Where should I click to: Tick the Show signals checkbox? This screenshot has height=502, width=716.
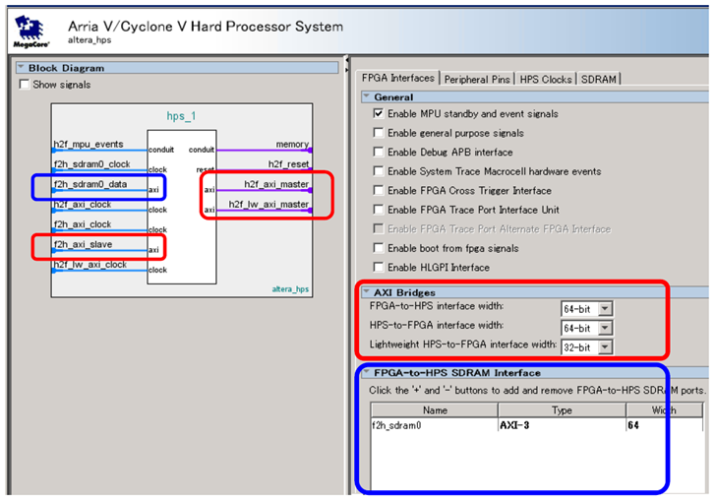pyautogui.click(x=26, y=85)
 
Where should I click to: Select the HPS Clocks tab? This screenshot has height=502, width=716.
pyautogui.click(x=546, y=79)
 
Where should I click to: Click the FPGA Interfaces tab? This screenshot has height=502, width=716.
pyautogui.click(x=398, y=78)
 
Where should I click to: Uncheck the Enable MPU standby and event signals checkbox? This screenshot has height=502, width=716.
pyautogui.click(x=379, y=114)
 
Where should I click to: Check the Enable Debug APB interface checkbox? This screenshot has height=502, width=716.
pyautogui.click(x=379, y=153)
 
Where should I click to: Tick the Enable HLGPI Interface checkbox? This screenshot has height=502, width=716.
pyautogui.click(x=379, y=268)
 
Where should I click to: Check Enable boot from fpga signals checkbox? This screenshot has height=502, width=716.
pyautogui.click(x=379, y=248)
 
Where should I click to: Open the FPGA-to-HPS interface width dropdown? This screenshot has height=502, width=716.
pyautogui.click(x=605, y=309)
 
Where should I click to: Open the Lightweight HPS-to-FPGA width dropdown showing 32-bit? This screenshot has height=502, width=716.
pyautogui.click(x=605, y=346)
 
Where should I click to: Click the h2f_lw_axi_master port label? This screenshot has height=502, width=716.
pyautogui.click(x=268, y=205)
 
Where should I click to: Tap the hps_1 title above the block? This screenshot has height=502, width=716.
pyautogui.click(x=181, y=116)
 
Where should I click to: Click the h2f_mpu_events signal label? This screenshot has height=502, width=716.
pyautogui.click(x=89, y=145)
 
